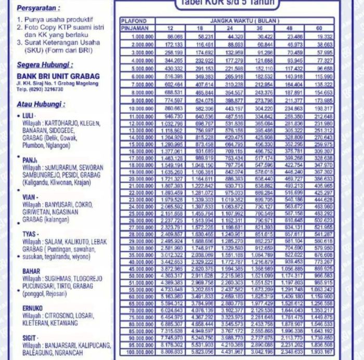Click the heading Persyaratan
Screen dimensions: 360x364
pos(38,8)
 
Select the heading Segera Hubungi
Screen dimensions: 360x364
pos(45,65)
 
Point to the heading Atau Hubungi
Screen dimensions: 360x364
pos(41,104)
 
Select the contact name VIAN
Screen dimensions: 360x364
pos(29,197)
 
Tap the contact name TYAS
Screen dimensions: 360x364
pos(30,234)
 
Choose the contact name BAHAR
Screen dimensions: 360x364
pos(31,271)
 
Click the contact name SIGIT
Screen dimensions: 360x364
pos(30,338)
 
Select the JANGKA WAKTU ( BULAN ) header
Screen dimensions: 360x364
pos(244,21)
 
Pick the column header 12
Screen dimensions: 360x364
pos(170,28)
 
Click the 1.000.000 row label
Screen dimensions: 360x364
pos(142,37)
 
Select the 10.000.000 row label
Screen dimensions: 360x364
pos(140,108)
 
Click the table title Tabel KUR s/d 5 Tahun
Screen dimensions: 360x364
pos(227,4)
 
